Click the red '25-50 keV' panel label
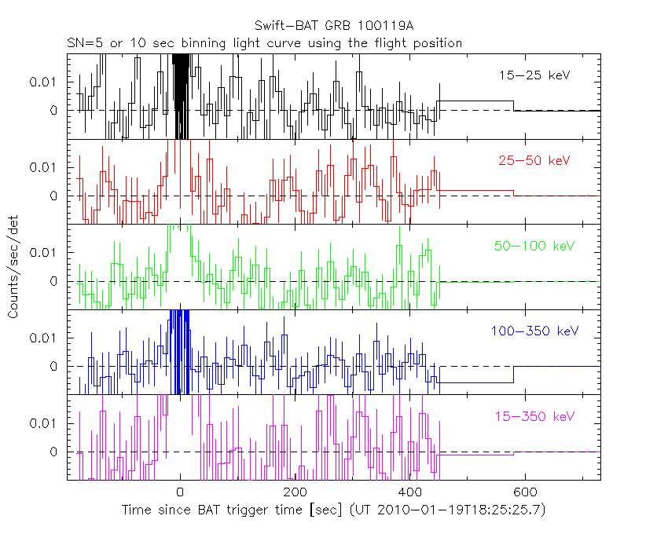coord(534,160)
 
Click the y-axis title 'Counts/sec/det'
coord(13,267)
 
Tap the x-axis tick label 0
coord(181,492)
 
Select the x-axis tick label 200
coord(295,492)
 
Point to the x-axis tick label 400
coord(409,492)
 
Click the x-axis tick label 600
coord(524,492)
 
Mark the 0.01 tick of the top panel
coord(46,82)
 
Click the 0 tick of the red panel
coord(54,196)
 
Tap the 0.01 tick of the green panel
coord(46,252)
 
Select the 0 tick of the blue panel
coord(54,366)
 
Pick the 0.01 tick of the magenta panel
coord(46,422)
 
